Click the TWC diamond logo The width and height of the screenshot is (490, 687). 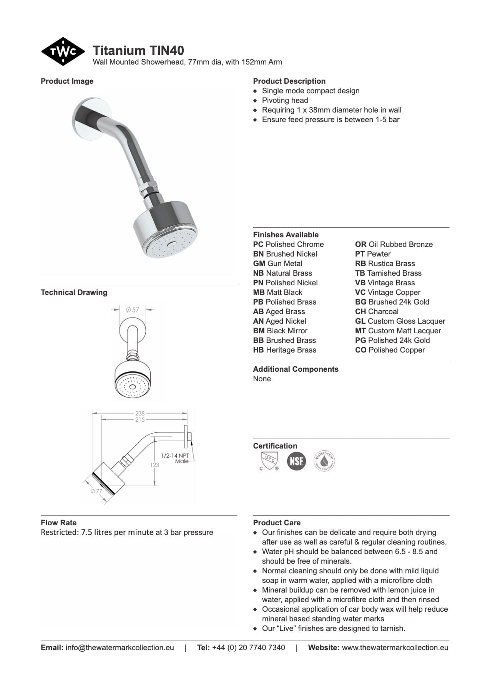click(63, 51)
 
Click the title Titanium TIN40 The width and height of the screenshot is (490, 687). click(138, 50)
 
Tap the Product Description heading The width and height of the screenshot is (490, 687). click(289, 81)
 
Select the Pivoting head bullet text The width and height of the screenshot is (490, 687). click(285, 100)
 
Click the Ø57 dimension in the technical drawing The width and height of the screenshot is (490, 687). click(133, 310)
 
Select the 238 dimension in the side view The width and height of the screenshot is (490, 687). click(140, 413)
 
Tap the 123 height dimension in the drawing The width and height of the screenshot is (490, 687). click(154, 465)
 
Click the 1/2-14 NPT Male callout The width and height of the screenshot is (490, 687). click(175, 458)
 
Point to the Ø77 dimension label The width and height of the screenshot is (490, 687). click(96, 491)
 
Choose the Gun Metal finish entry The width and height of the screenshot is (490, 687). click(277, 263)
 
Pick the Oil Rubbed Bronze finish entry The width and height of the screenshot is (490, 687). click(394, 244)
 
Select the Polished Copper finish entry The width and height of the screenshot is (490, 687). click(390, 350)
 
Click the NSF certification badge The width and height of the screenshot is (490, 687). click(296, 460)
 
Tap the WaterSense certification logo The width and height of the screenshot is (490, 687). click(324, 460)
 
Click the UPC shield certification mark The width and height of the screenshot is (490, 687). click(269, 460)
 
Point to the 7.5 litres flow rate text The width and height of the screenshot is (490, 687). click(127, 532)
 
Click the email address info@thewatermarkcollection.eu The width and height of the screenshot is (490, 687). click(120, 647)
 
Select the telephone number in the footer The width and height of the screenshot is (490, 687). click(248, 647)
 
